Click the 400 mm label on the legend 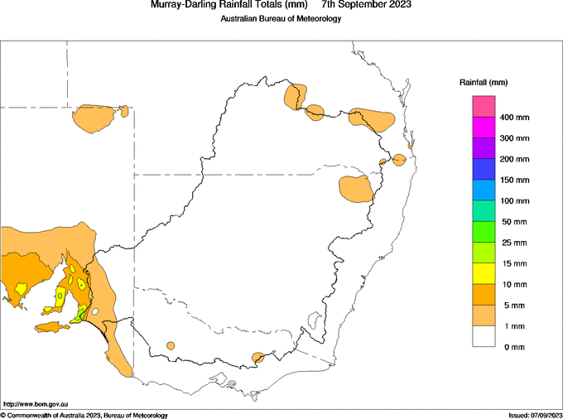514,118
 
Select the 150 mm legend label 514,181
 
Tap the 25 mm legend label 514,243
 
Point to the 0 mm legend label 514,348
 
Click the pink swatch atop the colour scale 484,106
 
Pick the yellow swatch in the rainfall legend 484,273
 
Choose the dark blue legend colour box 484,169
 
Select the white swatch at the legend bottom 484,336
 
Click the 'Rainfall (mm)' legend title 484,83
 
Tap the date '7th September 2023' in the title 367,4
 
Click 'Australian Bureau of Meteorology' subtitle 281,18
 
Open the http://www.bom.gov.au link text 36,404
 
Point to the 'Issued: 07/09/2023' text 536,416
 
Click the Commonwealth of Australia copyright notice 84,416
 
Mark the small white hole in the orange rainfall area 95,311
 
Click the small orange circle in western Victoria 171,346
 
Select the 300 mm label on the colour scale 514,138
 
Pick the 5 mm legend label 514,306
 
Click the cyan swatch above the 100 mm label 484,190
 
